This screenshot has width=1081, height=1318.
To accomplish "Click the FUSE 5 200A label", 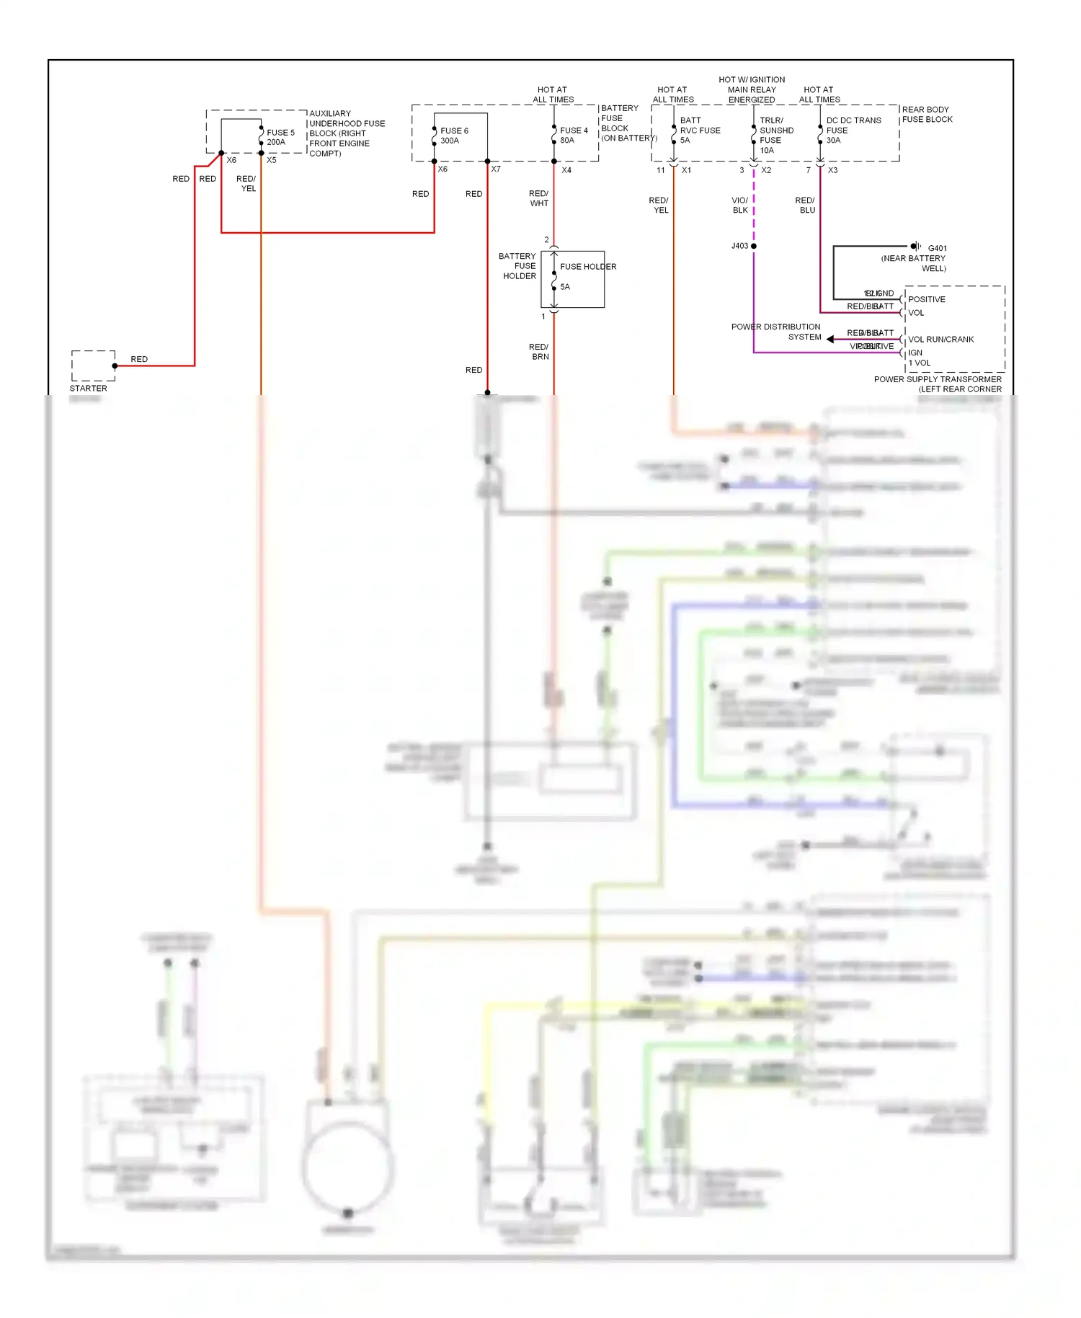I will pyautogui.click(x=280, y=137).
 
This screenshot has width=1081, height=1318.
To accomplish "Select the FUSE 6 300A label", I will pyautogui.click(x=454, y=136).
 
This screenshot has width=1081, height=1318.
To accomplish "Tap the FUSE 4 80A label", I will pyautogui.click(x=574, y=136).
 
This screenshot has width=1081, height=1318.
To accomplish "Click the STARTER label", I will pyautogui.click(x=88, y=388).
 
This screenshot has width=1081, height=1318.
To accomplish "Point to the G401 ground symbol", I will pyautogui.click(x=915, y=247).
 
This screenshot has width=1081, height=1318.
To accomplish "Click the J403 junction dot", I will pyautogui.click(x=754, y=246).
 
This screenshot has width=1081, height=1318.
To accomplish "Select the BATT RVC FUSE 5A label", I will pyautogui.click(x=699, y=131).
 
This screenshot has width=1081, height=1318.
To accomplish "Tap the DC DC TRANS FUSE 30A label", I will pyautogui.click(x=853, y=131).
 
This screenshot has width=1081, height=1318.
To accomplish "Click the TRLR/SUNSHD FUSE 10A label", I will pyautogui.click(x=776, y=136).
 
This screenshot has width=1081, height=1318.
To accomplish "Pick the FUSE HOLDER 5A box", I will pyautogui.click(x=573, y=279).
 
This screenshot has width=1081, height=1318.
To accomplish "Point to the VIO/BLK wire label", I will pyautogui.click(x=740, y=205).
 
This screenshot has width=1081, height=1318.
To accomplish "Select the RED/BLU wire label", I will pyautogui.click(x=806, y=205).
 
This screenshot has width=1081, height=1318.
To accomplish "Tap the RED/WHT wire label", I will pyautogui.click(x=539, y=198).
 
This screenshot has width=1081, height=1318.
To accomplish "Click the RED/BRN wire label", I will pyautogui.click(x=539, y=352).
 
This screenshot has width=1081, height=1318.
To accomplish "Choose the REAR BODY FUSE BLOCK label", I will pyautogui.click(x=927, y=115).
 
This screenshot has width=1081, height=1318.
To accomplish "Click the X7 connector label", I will pyautogui.click(x=496, y=169).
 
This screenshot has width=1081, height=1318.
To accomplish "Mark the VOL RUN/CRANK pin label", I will pyautogui.click(x=940, y=339).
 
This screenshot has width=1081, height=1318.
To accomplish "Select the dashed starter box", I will pyautogui.click(x=93, y=366).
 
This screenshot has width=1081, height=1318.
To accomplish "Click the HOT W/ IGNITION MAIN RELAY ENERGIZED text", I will pyautogui.click(x=752, y=90).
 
